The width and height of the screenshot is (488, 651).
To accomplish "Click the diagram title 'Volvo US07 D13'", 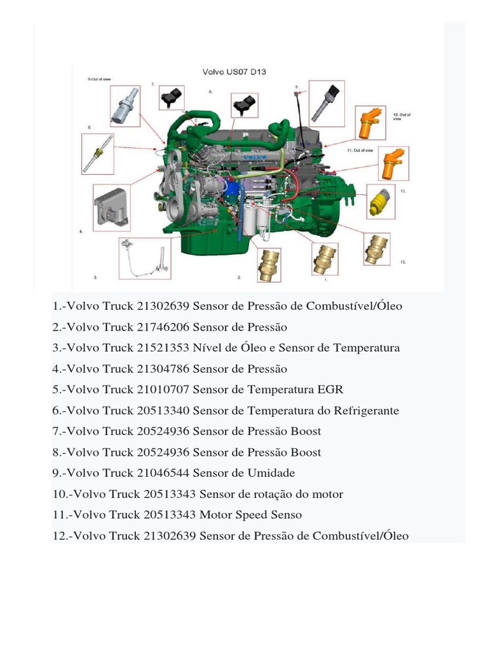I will click(x=234, y=72).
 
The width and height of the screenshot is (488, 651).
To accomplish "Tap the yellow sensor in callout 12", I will click(x=381, y=203).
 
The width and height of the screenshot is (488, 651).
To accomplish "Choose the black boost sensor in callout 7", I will click(x=171, y=98).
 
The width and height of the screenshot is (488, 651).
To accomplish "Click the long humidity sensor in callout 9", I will click(x=325, y=101).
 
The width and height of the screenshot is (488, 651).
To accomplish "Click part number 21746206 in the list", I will click(x=163, y=327).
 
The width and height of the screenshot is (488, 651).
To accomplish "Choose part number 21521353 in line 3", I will click(x=163, y=348).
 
